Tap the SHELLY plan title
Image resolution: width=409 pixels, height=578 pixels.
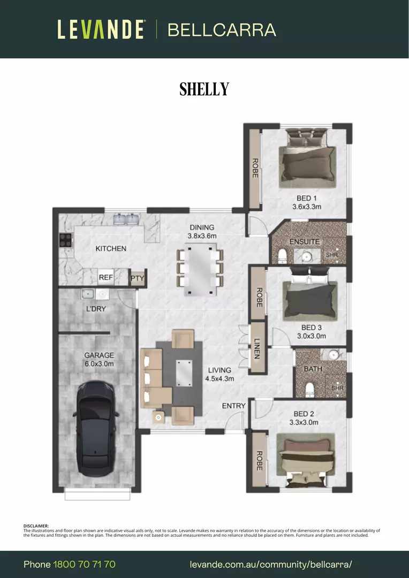point(204,89)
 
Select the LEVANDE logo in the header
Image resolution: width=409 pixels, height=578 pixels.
point(101,29)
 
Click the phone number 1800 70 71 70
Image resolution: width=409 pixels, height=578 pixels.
point(84,565)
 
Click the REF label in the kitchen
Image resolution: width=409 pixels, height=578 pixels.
point(105,278)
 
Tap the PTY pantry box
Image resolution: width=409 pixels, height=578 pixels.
point(137,278)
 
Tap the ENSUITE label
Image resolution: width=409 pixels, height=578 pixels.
point(304,242)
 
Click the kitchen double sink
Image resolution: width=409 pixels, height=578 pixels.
point(126,219)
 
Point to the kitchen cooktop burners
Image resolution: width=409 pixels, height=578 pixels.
point(65,240)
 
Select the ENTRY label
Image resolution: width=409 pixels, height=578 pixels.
point(233,406)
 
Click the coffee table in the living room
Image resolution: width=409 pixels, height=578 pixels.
point(186,372)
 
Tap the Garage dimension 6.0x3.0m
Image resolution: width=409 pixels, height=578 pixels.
point(99,364)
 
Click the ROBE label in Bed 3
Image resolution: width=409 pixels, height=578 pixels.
point(259,298)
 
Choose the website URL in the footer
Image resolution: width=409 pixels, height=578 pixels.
point(271,565)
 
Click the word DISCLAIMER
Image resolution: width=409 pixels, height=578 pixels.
point(36,526)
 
